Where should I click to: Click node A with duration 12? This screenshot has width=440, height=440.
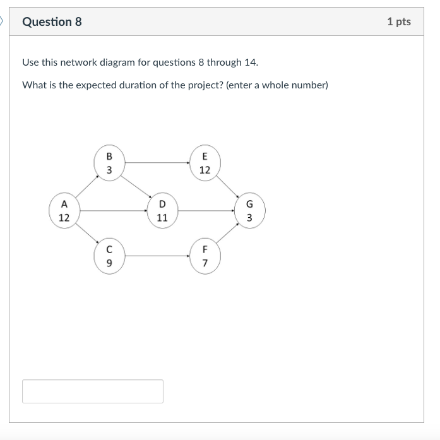64,211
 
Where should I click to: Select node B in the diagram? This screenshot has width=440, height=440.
109,163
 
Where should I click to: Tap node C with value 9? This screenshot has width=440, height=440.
109,256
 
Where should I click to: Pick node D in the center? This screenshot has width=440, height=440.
162,211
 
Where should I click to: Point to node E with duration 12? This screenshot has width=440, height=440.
205,163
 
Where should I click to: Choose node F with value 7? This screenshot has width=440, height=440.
205,256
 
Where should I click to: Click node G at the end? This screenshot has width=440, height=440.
249,211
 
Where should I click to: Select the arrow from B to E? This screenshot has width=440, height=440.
157,163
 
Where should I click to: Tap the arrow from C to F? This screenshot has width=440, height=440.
157,256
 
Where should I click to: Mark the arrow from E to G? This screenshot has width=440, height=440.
227,186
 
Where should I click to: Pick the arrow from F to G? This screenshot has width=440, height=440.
227,234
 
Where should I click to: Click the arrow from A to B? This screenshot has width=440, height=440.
87,187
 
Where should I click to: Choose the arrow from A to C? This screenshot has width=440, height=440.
87,234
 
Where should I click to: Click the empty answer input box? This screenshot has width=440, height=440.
93,391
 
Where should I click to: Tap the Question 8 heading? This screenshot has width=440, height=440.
52,22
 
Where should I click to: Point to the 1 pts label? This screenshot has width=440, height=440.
398,22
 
